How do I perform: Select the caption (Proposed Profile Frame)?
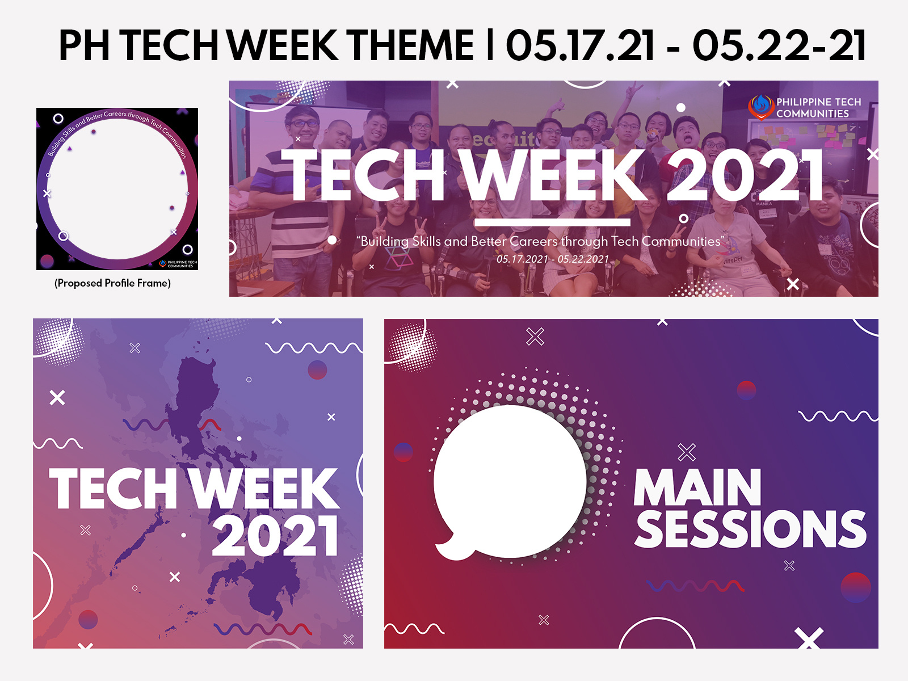(x=112, y=283)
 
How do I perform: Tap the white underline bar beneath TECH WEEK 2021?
(x=552, y=222)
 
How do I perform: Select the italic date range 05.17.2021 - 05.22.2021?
(x=552, y=259)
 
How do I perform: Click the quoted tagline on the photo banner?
(x=540, y=242)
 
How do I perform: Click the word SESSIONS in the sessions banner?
(x=750, y=529)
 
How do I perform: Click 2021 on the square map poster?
(x=276, y=536)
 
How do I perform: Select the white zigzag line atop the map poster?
(x=314, y=347)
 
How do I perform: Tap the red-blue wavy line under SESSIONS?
(x=695, y=586)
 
